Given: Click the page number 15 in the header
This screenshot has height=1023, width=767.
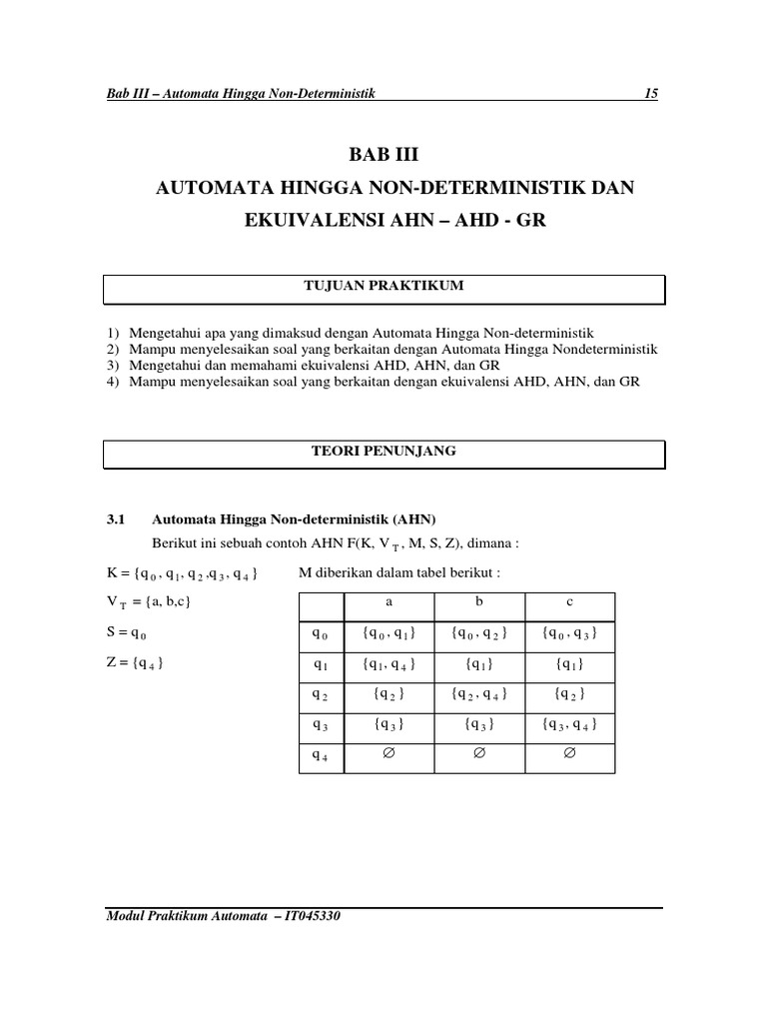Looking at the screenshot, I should [x=651, y=94].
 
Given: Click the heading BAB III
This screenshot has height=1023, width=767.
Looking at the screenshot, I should [x=383, y=155].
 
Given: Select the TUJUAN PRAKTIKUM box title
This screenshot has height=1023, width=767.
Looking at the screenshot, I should [x=384, y=287].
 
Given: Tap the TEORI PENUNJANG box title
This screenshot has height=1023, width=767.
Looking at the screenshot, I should [x=384, y=452].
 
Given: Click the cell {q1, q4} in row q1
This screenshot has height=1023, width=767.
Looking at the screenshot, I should [x=388, y=664].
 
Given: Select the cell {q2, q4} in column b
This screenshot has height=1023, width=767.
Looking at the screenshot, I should [x=479, y=694].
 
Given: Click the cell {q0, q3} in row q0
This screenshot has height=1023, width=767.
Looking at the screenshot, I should [x=569, y=634].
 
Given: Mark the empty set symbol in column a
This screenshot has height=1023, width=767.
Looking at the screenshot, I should [x=388, y=754].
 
